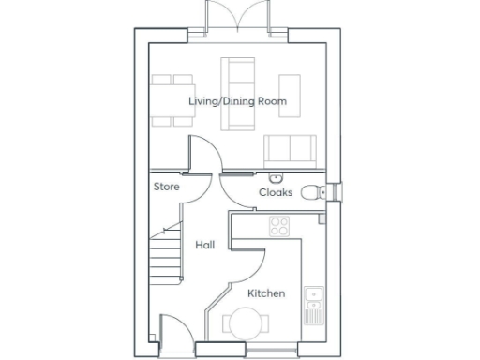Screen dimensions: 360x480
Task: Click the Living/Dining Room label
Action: [x=224, y=100]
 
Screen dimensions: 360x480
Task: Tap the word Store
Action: [x=166, y=187]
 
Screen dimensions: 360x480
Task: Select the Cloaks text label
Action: [x=276, y=192]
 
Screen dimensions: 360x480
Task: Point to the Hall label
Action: [x=204, y=245]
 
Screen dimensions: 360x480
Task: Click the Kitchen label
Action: [x=265, y=293]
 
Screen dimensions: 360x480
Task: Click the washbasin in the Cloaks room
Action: [x=275, y=178]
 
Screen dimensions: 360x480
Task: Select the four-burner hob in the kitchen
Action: [x=278, y=225]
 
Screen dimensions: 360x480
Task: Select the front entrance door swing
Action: [x=172, y=330]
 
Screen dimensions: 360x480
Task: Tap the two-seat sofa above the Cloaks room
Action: [x=288, y=149]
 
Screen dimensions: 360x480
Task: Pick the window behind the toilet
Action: [x=340, y=192]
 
